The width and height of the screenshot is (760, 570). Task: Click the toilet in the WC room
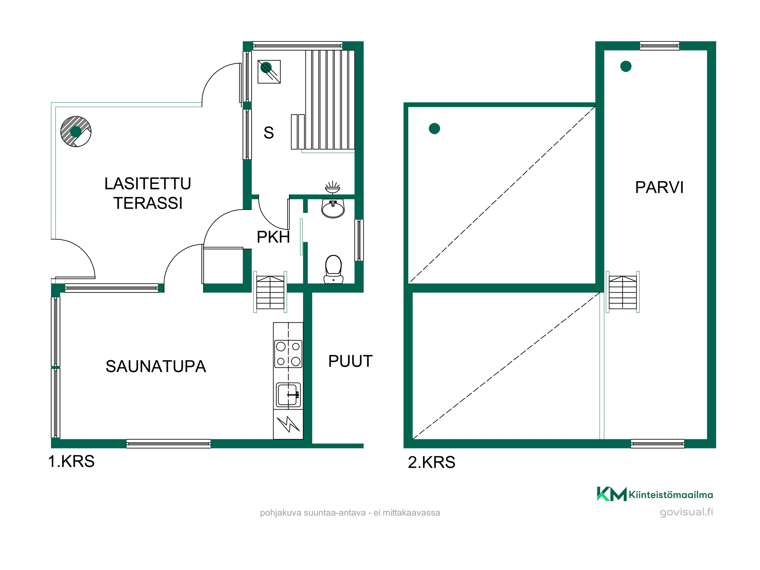[x=333, y=269]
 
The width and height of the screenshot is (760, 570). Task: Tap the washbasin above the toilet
[x=333, y=209]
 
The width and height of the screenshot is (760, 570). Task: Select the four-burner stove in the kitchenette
[x=288, y=354]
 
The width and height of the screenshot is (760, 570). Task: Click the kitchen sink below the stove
[x=288, y=395]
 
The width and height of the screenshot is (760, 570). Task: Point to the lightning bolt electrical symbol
[x=288, y=424]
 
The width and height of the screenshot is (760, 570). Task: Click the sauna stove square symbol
[x=269, y=71]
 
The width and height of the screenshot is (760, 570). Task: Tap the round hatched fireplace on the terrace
[x=76, y=131]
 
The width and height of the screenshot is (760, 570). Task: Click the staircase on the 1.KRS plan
[x=270, y=292]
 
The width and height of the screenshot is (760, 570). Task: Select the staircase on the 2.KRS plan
[x=622, y=292]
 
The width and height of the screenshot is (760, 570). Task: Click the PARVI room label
[x=659, y=187]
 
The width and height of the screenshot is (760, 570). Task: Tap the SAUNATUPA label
[x=156, y=367]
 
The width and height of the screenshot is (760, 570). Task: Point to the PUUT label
[x=350, y=361]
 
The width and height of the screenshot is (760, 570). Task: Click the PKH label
[x=273, y=237]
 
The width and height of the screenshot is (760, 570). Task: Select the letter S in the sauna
[x=269, y=133]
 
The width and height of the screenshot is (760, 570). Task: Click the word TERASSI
[x=148, y=203]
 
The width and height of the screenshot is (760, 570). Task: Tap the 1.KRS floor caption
[x=71, y=461]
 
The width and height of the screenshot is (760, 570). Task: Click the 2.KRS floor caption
[x=432, y=462]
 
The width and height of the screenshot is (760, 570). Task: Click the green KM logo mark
[x=612, y=494]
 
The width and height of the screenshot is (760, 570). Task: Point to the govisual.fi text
[x=686, y=512]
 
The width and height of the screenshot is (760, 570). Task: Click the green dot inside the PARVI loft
[x=626, y=66]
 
